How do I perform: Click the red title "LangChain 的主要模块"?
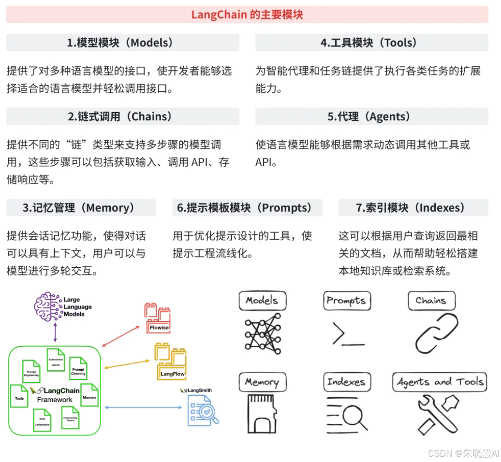click(x=247, y=14)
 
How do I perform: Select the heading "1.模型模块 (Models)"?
click(x=122, y=43)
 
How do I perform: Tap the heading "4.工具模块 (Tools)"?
click(x=371, y=43)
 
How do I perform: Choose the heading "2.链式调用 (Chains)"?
click(x=122, y=116)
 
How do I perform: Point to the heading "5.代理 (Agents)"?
click(x=371, y=116)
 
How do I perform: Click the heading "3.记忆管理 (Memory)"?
click(x=81, y=208)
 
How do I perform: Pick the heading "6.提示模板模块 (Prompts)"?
click(x=247, y=208)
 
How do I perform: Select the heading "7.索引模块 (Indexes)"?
click(x=413, y=208)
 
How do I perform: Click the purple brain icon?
click(x=48, y=307)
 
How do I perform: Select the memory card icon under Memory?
click(x=262, y=414)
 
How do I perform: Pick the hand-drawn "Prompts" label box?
click(x=346, y=301)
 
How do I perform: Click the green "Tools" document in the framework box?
click(x=19, y=395)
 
